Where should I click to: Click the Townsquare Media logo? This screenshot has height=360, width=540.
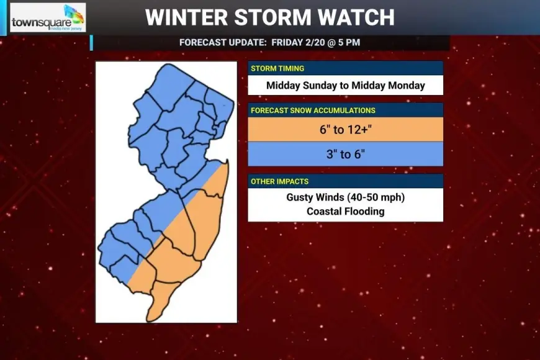point(48,18)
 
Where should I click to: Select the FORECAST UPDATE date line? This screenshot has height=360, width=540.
point(269,43)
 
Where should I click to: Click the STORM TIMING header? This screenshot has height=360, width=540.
point(277,68)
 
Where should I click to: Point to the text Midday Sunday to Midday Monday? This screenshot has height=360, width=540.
point(345,86)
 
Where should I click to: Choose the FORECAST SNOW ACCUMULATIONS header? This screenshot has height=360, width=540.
point(313,110)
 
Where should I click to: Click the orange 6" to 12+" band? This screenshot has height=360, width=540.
point(345,130)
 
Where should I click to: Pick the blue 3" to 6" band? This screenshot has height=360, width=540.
point(345,154)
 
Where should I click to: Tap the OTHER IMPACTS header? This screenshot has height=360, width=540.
point(279,181)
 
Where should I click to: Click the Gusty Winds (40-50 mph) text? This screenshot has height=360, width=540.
point(345,197)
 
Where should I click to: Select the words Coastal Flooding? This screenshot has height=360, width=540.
point(345,211)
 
